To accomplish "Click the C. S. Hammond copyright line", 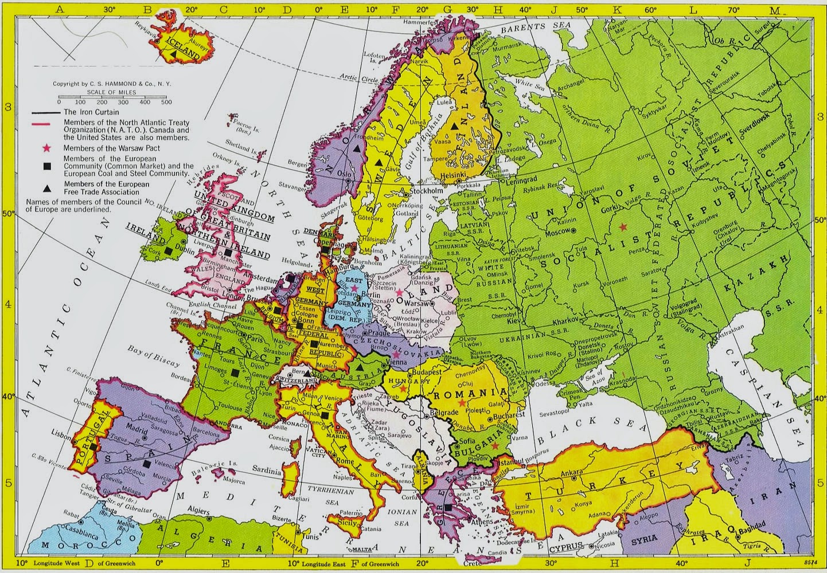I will pos(112,84).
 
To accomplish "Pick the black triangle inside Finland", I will pos(454,126).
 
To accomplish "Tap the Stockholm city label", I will pos(426,191).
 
